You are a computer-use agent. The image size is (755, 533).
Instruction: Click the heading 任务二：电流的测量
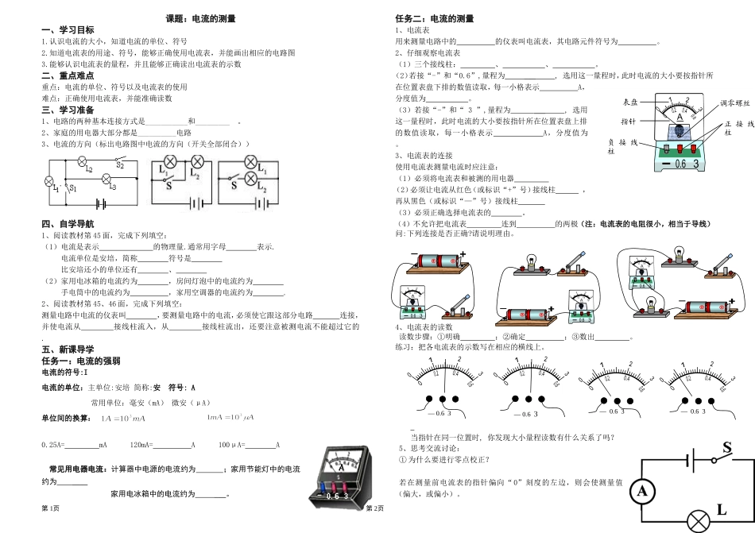pos(434,18)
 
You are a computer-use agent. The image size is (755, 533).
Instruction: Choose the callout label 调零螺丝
pos(735,103)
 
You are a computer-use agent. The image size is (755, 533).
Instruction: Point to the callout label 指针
pos(628,122)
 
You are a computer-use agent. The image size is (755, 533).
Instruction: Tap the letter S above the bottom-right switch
pos(725,449)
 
